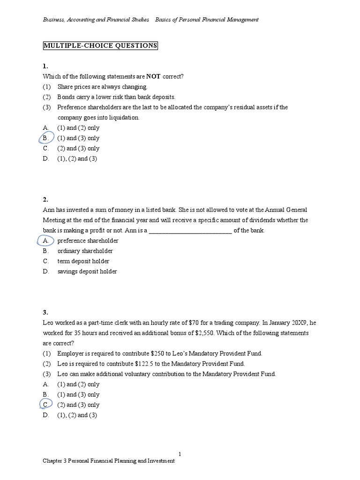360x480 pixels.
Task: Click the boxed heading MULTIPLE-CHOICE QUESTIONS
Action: [x=100, y=45]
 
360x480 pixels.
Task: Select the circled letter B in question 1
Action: [x=45, y=138]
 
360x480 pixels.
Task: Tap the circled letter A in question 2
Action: [x=45, y=240]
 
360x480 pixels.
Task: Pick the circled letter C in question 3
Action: [x=45, y=405]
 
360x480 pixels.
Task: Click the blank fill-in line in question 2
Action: [x=190, y=231]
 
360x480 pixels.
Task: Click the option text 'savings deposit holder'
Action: [x=87, y=271]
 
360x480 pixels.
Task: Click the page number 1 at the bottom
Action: [x=180, y=454]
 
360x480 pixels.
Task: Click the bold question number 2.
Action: [x=45, y=199]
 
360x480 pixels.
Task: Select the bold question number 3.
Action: [x=45, y=312]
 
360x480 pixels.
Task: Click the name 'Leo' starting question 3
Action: [x=48, y=322]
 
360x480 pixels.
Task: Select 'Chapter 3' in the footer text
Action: [x=54, y=461]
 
